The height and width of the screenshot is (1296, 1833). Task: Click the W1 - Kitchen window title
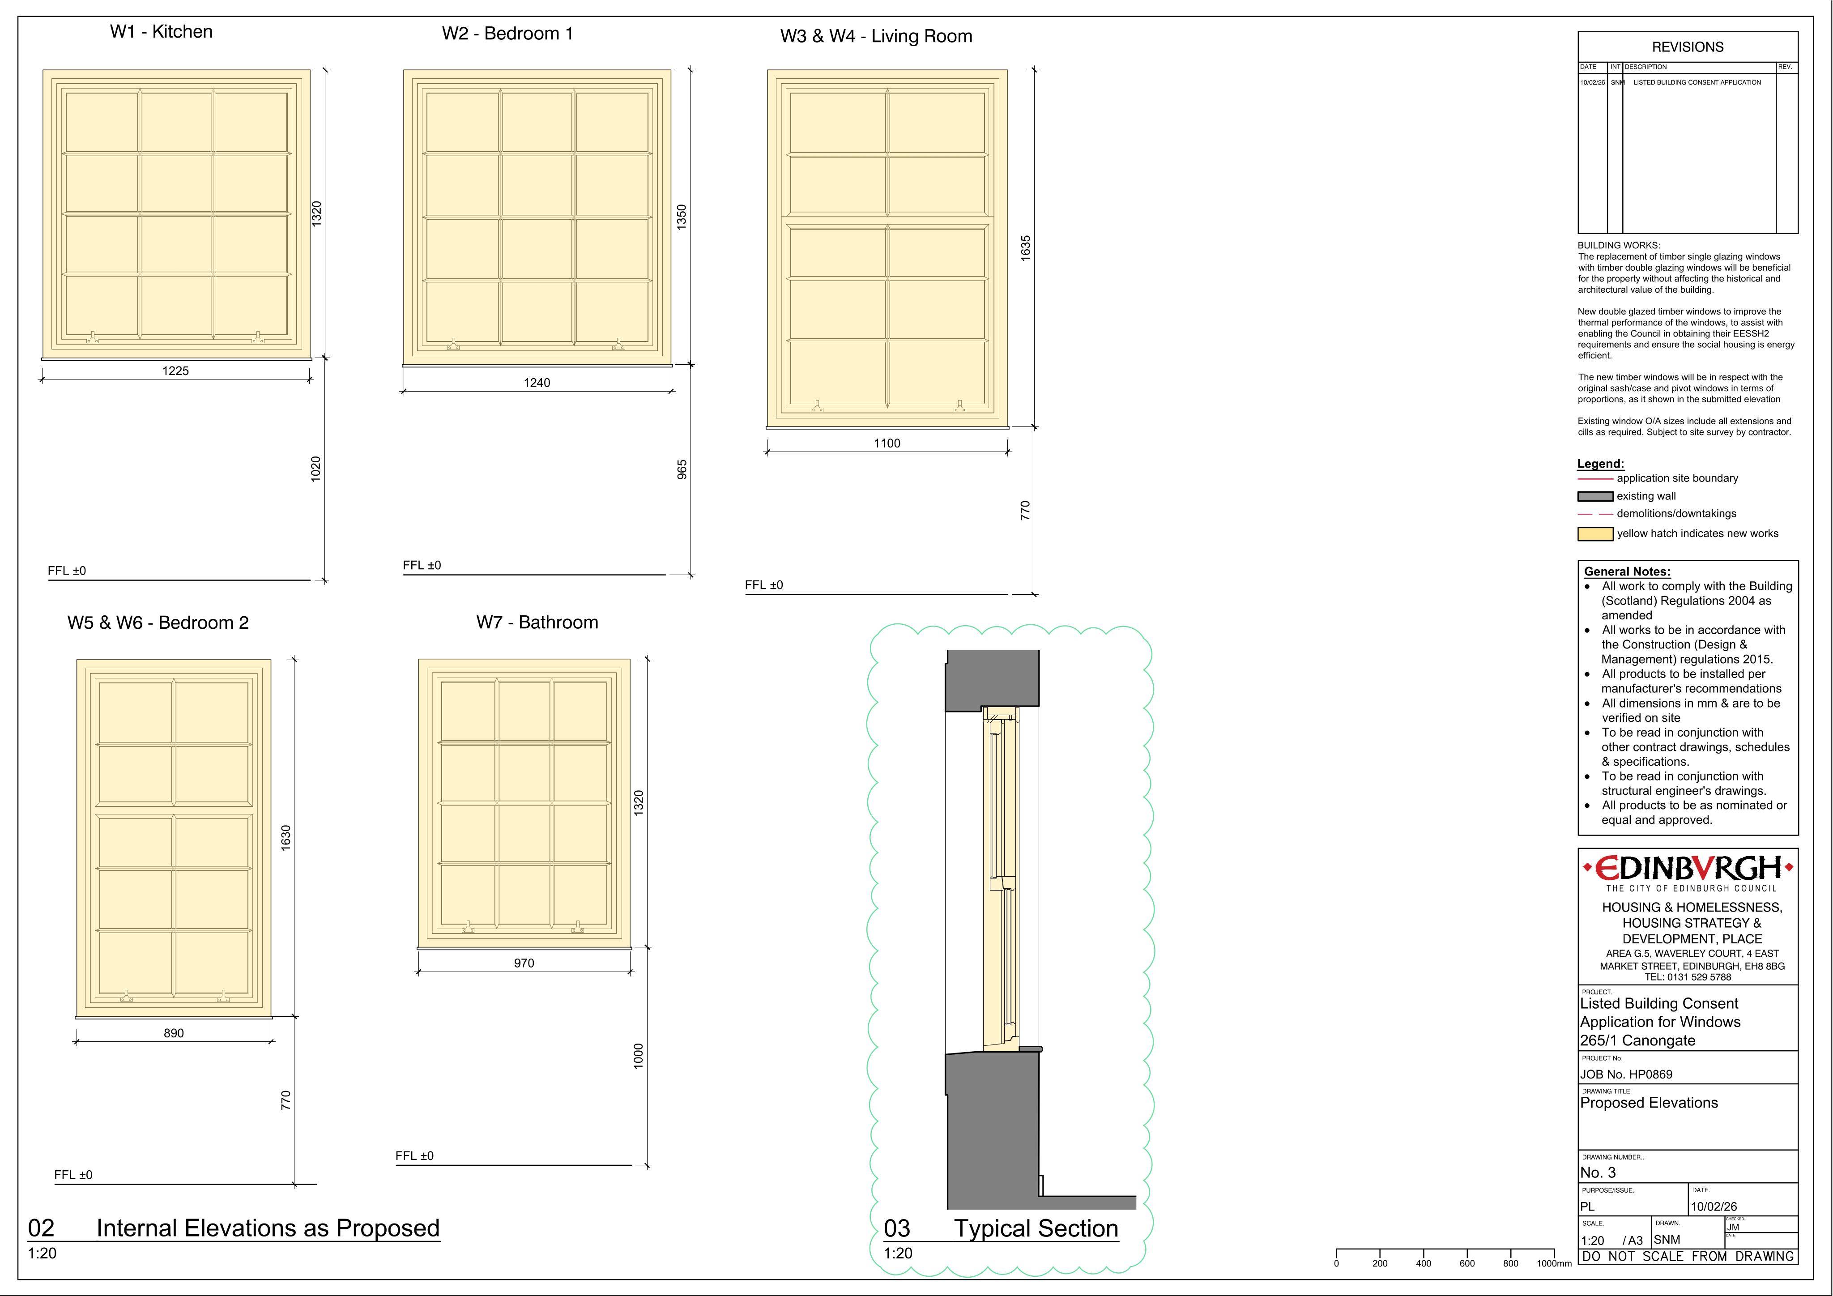(x=161, y=32)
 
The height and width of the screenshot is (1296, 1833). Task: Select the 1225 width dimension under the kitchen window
(x=175, y=371)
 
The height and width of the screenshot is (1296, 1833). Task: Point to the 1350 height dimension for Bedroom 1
(x=681, y=217)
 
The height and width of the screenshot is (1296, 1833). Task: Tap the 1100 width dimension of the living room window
(x=887, y=443)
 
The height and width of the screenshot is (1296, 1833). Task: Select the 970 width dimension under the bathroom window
(x=524, y=963)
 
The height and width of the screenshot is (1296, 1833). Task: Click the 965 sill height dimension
(x=682, y=469)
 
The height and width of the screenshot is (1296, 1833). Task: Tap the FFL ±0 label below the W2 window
(x=422, y=565)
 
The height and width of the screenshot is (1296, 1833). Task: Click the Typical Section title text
(x=1036, y=1228)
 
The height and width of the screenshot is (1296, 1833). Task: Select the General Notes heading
(x=1627, y=572)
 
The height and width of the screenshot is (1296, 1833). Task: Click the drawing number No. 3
(x=1599, y=1172)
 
